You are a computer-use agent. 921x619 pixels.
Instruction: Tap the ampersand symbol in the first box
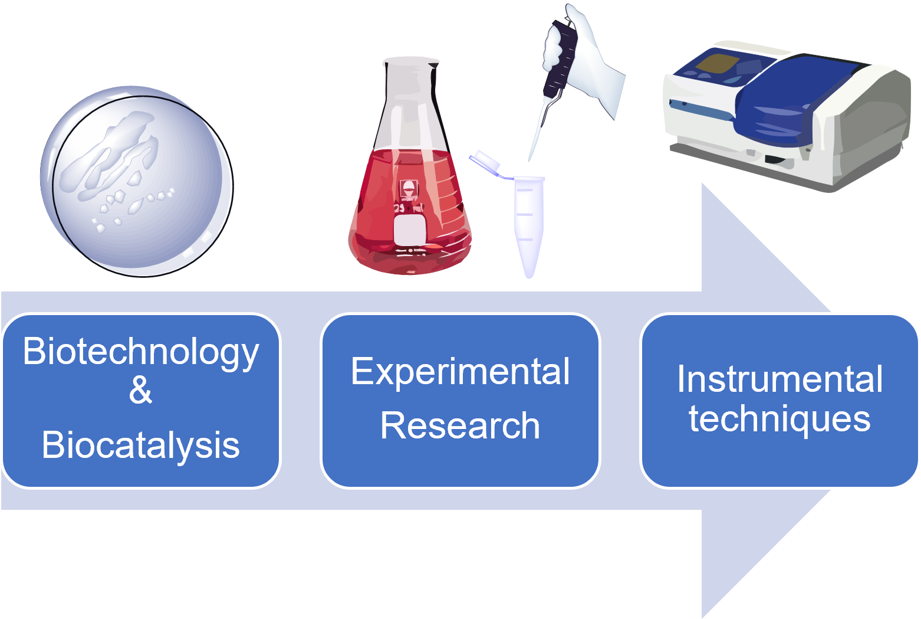click(x=140, y=389)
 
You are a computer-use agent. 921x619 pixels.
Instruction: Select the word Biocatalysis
click(x=140, y=445)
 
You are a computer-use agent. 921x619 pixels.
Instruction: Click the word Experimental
click(x=460, y=373)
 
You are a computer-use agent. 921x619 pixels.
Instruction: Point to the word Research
click(x=460, y=425)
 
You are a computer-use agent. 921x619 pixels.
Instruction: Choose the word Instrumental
click(x=779, y=379)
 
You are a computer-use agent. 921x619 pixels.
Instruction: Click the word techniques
click(x=779, y=420)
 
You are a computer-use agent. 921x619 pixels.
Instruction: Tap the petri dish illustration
click(x=137, y=182)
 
